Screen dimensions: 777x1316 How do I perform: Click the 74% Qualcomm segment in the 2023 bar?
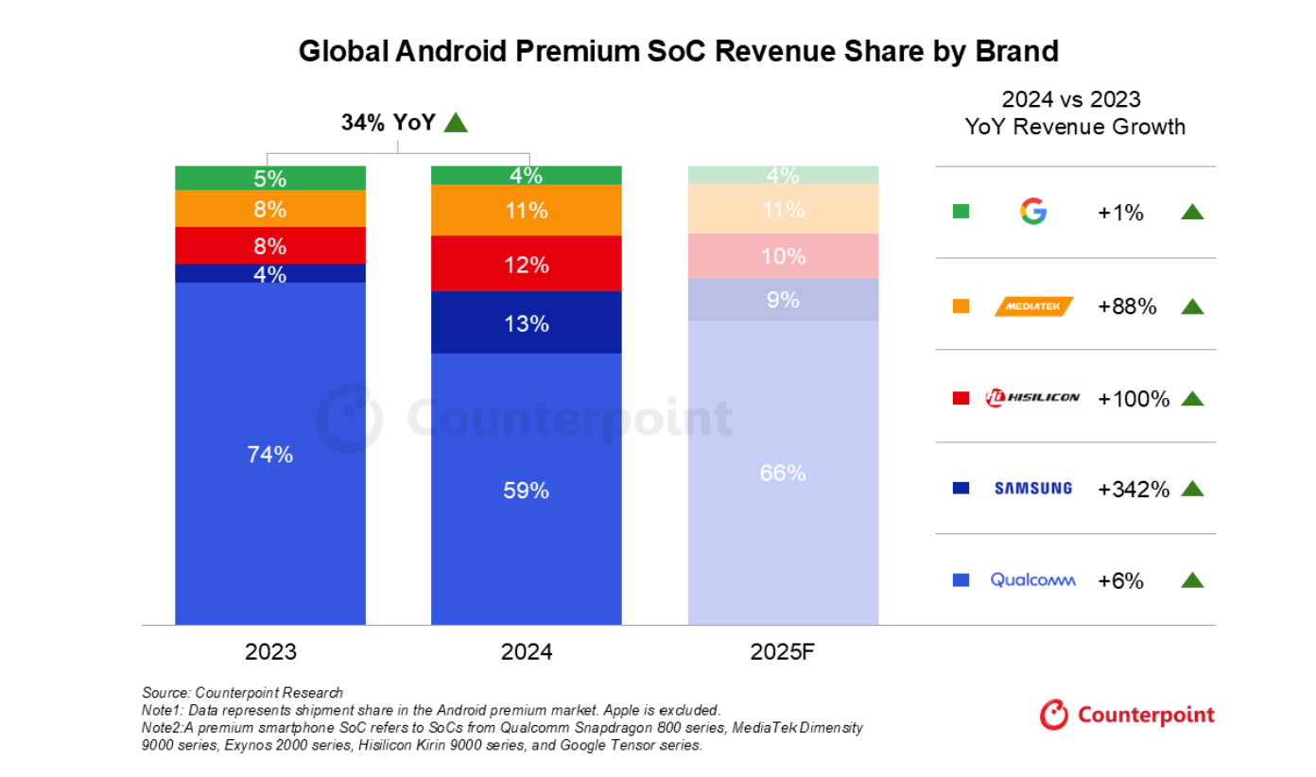[270, 454]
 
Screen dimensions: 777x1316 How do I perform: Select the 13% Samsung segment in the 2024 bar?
[527, 322]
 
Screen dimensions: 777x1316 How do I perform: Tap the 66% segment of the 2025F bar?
[783, 473]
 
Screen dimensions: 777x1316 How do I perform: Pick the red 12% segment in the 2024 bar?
[527, 264]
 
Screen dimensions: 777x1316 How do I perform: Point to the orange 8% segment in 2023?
[270, 209]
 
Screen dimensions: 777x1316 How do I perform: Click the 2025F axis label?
[782, 652]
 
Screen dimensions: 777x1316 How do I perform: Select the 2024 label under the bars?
[527, 652]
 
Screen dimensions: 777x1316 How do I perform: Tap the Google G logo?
[1033, 212]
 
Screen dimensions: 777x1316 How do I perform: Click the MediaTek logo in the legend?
[1033, 305]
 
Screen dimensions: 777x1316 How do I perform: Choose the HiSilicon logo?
[1032, 397]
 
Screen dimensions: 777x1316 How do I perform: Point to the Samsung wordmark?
[1033, 489]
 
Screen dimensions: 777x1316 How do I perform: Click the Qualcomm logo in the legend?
[1032, 580]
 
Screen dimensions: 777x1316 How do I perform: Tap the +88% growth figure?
[1127, 305]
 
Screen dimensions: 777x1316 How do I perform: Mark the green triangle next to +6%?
[1192, 580]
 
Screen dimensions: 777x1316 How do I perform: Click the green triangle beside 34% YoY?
[456, 122]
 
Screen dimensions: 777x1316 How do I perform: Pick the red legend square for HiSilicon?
[961, 398]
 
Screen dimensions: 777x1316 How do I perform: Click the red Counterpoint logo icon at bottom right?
[1054, 715]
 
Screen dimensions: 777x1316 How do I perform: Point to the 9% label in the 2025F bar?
[783, 300]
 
